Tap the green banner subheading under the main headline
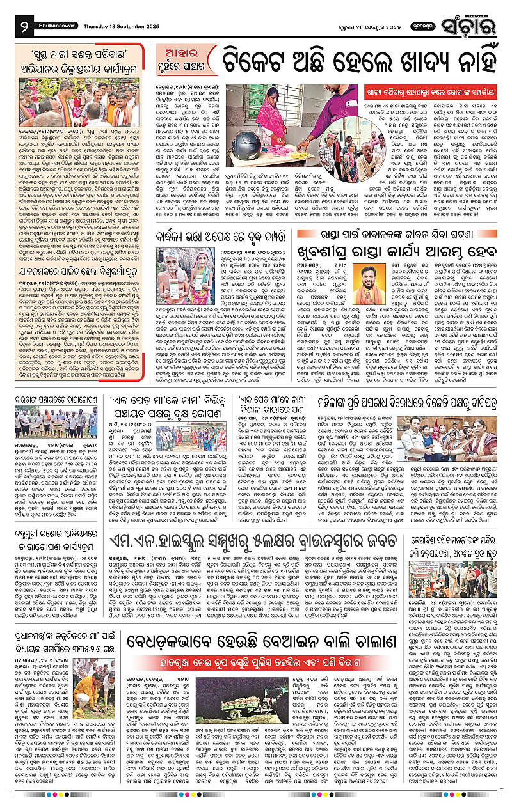point(418,90)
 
